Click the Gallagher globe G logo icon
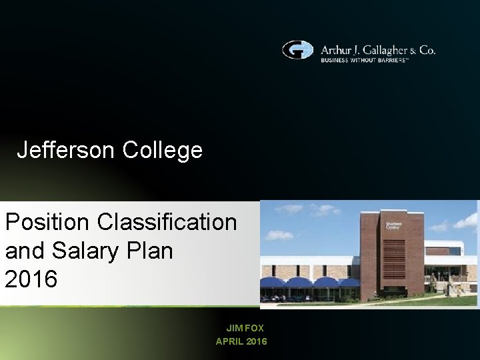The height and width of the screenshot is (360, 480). click(297, 50)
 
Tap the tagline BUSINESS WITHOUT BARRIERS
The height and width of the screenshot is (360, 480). click(365, 60)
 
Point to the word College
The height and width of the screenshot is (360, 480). click(162, 150)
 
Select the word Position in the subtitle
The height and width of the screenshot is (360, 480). click(47, 221)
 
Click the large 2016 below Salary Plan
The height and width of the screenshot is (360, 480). click(31, 279)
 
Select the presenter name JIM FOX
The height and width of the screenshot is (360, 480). click(245, 328)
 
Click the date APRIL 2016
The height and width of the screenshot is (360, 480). click(241, 341)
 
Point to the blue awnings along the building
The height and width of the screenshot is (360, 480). click(310, 283)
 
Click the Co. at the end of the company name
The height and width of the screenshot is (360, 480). click(427, 50)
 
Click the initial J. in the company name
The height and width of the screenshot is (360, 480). click(356, 50)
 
